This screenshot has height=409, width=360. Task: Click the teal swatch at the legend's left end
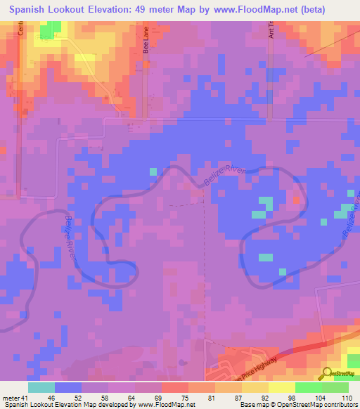click(x=41, y=387)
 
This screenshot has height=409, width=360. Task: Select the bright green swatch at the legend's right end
click(x=335, y=387)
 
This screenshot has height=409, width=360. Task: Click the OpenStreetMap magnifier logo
click(x=326, y=372)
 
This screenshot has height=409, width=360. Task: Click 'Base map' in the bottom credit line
click(x=251, y=405)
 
